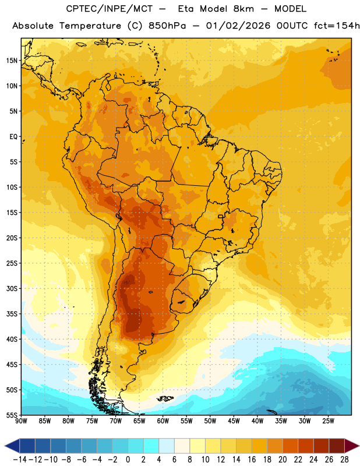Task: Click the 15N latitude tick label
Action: click(x=12, y=61)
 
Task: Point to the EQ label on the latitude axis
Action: click(x=13, y=137)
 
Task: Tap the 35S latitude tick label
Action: click(x=12, y=314)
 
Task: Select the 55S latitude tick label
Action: click(x=12, y=415)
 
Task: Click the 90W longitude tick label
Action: click(x=21, y=421)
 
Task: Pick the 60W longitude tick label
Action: click(x=163, y=421)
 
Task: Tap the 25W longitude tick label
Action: click(x=328, y=421)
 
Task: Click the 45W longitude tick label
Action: click(x=234, y=421)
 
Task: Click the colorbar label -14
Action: click(x=20, y=460)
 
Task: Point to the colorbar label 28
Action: click(x=344, y=460)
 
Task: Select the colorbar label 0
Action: click(x=128, y=460)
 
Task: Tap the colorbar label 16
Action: click(x=252, y=460)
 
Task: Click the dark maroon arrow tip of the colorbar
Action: click(x=359, y=446)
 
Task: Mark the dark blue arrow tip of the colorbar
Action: click(x=5, y=446)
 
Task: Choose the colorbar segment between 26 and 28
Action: click(x=337, y=446)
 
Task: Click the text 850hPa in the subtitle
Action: click(x=167, y=26)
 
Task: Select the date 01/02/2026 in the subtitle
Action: click(x=238, y=26)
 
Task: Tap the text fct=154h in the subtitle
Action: click(x=337, y=26)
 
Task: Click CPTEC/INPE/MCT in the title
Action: click(x=110, y=9)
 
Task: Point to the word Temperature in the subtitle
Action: click(x=90, y=26)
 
